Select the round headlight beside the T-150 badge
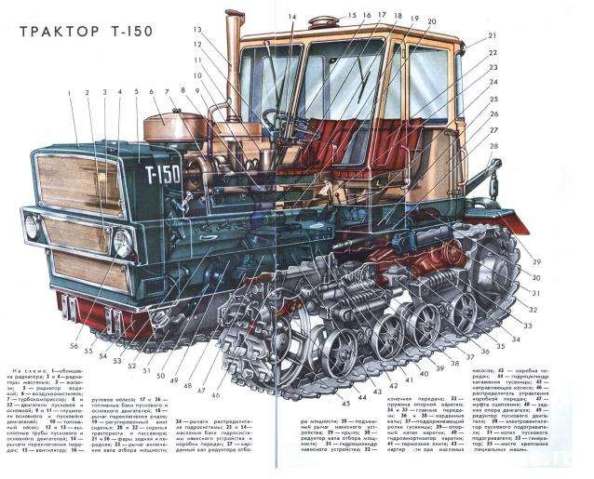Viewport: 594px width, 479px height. pyautogui.click(x=121, y=244)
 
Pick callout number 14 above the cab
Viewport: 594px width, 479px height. pyautogui.click(x=291, y=16)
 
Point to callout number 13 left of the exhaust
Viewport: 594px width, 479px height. pyautogui.click(x=197, y=30)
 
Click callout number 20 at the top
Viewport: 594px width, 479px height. pyautogui.click(x=430, y=20)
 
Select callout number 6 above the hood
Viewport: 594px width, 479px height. pyautogui.click(x=151, y=92)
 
